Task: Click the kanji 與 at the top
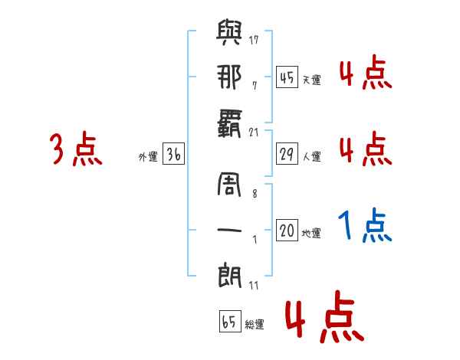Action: click(x=229, y=32)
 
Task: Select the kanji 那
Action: click(x=229, y=77)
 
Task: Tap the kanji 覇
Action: click(x=229, y=124)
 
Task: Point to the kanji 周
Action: click(x=229, y=184)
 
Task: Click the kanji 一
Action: click(x=229, y=230)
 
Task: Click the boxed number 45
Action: click(x=287, y=77)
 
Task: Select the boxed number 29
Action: click(x=287, y=154)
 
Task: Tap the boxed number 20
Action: click(x=287, y=230)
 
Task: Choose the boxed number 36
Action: click(x=173, y=154)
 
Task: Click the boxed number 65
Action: click(x=230, y=321)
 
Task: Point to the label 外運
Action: click(x=148, y=157)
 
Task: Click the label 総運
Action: click(x=255, y=325)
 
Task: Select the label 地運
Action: click(x=311, y=234)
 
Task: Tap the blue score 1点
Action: click(x=365, y=225)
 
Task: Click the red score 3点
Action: click(x=76, y=149)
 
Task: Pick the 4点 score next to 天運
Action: click(x=366, y=72)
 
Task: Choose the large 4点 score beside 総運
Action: click(x=324, y=316)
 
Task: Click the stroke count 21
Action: click(x=254, y=133)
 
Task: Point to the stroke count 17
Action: click(x=254, y=40)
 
